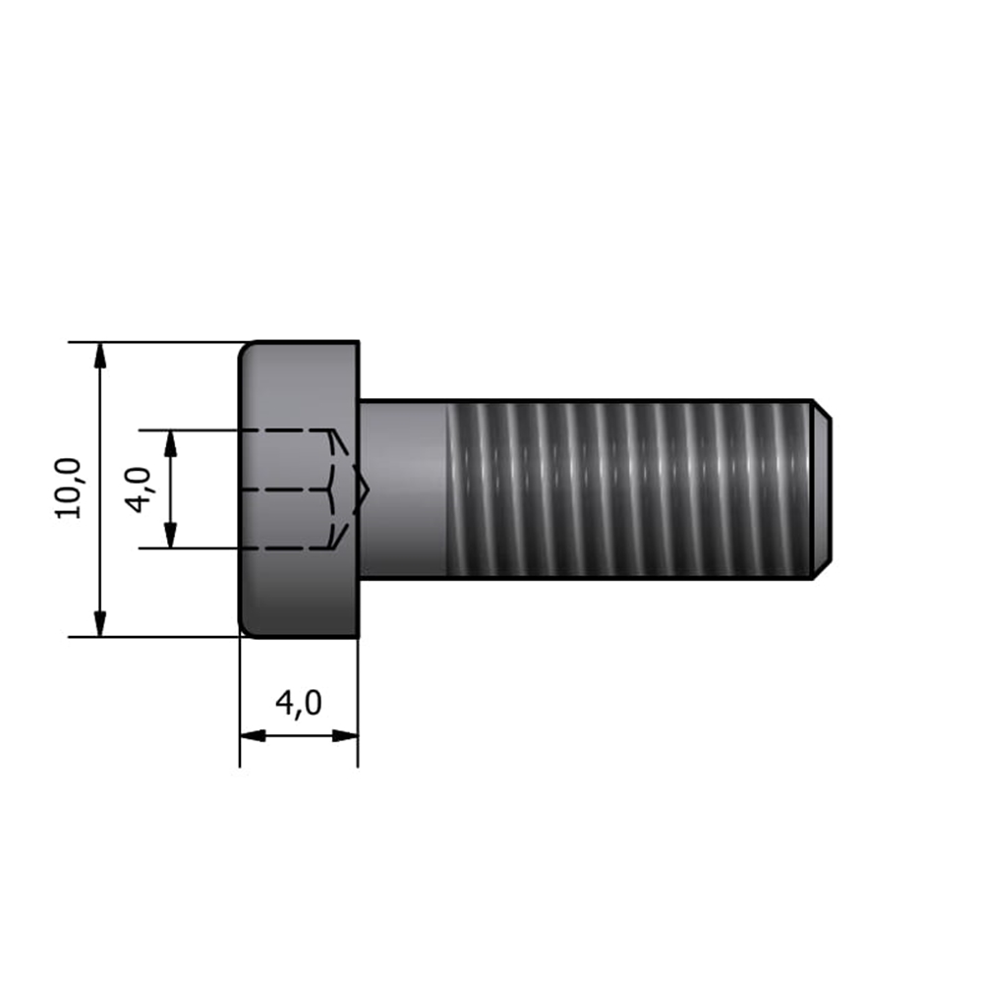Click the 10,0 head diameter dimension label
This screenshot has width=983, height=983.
[69, 489]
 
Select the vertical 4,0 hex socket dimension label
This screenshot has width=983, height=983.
[140, 490]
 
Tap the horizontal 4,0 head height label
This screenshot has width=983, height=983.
[299, 703]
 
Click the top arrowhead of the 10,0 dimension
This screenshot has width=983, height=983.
[99, 355]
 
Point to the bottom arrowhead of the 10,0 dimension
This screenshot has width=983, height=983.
[99, 624]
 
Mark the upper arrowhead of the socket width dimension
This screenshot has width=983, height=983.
[170, 443]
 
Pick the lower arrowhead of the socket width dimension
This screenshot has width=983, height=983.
[170, 536]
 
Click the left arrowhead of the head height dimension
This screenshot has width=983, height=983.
[253, 735]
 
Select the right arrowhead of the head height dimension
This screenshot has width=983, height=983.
[345, 735]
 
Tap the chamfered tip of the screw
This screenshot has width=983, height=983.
[823, 489]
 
